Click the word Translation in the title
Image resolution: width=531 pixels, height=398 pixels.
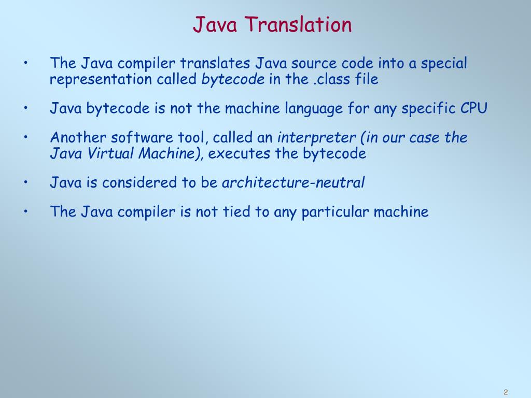pos(299,24)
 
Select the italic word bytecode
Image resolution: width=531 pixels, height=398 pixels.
pos(233,79)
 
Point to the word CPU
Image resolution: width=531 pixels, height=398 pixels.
pos(474,109)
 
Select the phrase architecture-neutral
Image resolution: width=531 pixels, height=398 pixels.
pos(294,182)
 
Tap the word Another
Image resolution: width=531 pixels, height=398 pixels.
pos(78,138)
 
